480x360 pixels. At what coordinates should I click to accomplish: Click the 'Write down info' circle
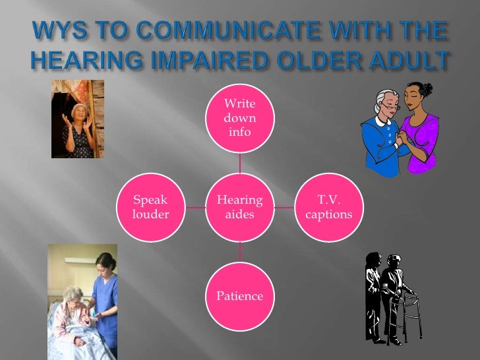click(x=240, y=118)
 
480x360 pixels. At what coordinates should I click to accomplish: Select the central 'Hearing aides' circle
click(x=240, y=207)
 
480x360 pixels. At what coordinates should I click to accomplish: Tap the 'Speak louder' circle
click(x=150, y=207)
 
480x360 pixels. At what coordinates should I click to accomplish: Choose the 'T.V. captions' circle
click(x=329, y=207)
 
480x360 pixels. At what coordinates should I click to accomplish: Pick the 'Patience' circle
click(x=240, y=296)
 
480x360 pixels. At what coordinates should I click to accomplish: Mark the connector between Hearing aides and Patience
click(x=240, y=251)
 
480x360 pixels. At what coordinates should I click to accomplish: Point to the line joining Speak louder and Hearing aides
click(x=195, y=207)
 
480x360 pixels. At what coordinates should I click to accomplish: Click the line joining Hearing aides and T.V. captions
click(x=284, y=207)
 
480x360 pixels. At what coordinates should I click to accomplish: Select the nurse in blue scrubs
click(x=104, y=297)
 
